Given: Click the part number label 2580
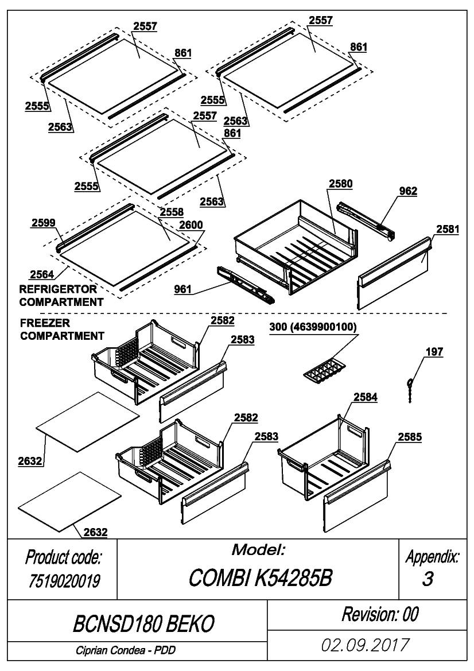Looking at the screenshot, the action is (x=340, y=184).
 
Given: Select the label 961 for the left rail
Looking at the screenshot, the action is (x=182, y=289).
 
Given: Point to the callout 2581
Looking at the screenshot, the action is (x=448, y=229).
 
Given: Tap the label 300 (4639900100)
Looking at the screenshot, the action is (x=313, y=327).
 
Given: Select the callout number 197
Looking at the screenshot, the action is (x=434, y=352).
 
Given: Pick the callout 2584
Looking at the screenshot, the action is (x=366, y=397).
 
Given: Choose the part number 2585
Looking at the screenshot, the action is (x=410, y=437).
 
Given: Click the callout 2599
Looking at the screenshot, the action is (x=43, y=223).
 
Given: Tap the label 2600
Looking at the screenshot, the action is (x=191, y=224).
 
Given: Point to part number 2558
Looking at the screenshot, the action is (x=172, y=212).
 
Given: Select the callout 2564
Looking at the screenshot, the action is (x=42, y=274).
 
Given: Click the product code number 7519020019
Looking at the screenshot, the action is (x=64, y=581).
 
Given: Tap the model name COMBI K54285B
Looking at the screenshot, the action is (x=260, y=578).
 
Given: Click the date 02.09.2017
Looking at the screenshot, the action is (x=366, y=645).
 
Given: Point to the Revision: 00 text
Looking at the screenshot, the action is (x=380, y=614).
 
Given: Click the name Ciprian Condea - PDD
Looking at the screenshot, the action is (x=126, y=650).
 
